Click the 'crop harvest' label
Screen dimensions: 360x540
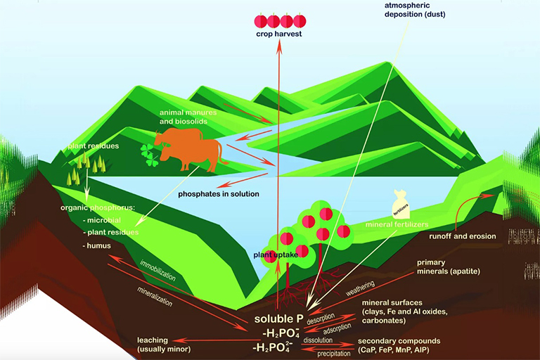pos(279,34)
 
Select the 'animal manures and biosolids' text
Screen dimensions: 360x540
pos(187,117)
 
